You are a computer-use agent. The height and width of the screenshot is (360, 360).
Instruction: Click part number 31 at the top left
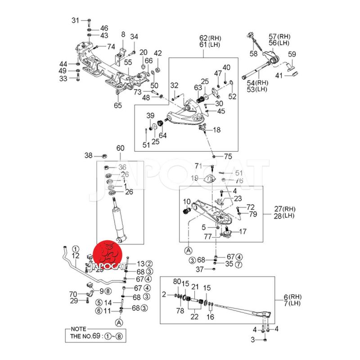tap(75, 20)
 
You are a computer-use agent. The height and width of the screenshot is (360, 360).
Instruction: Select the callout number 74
tap(111, 46)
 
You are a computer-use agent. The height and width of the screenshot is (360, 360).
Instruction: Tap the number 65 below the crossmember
tap(117, 106)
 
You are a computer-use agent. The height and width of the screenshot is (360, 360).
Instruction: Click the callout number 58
tap(254, 54)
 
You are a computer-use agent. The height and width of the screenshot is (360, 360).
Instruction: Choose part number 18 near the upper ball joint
tap(217, 130)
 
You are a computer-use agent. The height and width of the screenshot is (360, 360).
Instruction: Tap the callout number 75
tap(228, 157)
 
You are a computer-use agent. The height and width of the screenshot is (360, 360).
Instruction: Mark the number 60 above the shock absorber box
tap(120, 148)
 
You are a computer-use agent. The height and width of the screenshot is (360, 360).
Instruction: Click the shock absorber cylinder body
tap(119, 220)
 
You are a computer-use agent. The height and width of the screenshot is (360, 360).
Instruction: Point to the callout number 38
tap(88, 156)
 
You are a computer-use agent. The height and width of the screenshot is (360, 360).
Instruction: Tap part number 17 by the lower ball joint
tap(243, 232)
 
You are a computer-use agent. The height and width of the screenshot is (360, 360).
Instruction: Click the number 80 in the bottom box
tap(177, 282)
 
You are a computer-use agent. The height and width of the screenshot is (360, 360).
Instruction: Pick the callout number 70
tap(73, 294)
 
